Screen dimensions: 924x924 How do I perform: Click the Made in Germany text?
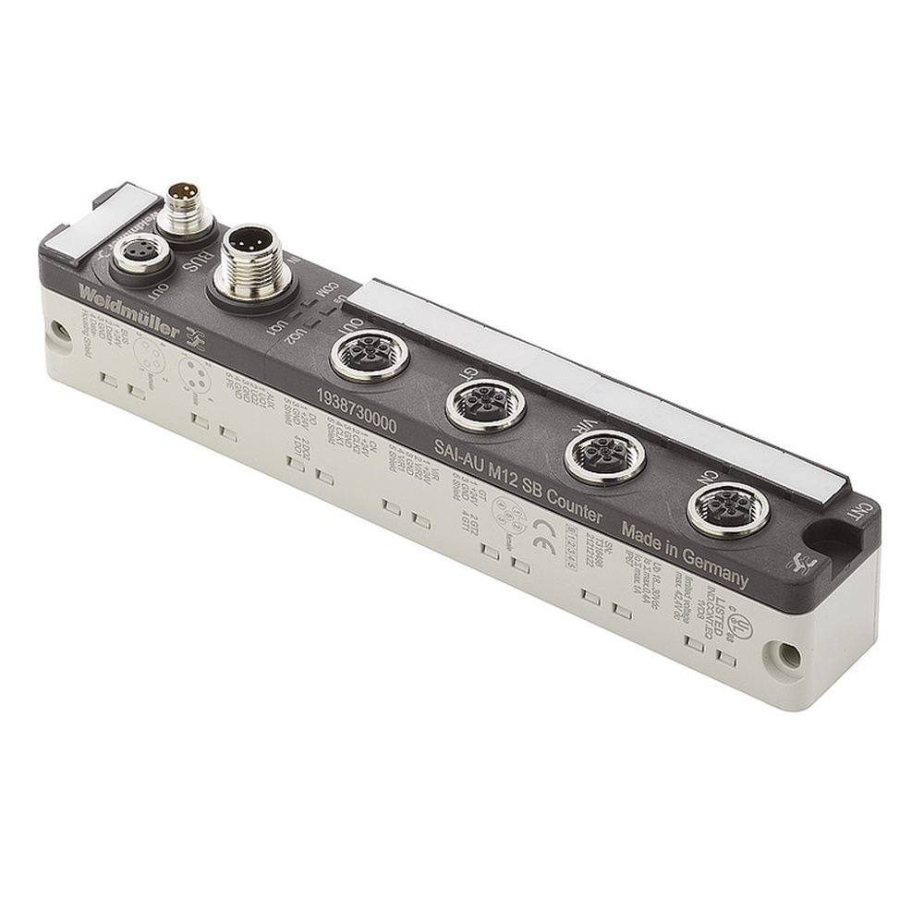[685, 554]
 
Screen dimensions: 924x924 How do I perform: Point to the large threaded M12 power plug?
[249, 261]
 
